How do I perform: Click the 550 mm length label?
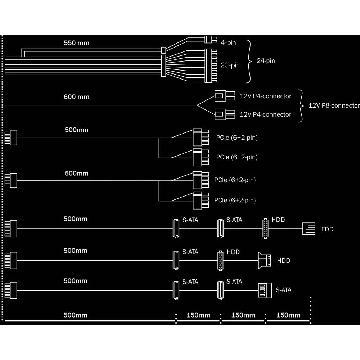(76, 43)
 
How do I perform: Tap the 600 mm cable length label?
(76, 97)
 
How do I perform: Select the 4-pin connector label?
(228, 43)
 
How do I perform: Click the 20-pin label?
(230, 65)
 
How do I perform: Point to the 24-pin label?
(265, 61)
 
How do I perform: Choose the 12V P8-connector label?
(334, 105)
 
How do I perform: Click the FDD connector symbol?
(309, 229)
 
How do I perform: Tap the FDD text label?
(327, 229)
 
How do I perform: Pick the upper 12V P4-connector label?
(265, 96)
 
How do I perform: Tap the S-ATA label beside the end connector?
(283, 290)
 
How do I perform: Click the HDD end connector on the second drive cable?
(264, 260)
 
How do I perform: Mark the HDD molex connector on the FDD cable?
(265, 228)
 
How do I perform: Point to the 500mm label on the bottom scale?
(75, 315)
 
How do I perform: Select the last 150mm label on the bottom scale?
(288, 315)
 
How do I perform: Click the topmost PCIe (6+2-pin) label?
(237, 138)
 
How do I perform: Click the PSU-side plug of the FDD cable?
(11, 229)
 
